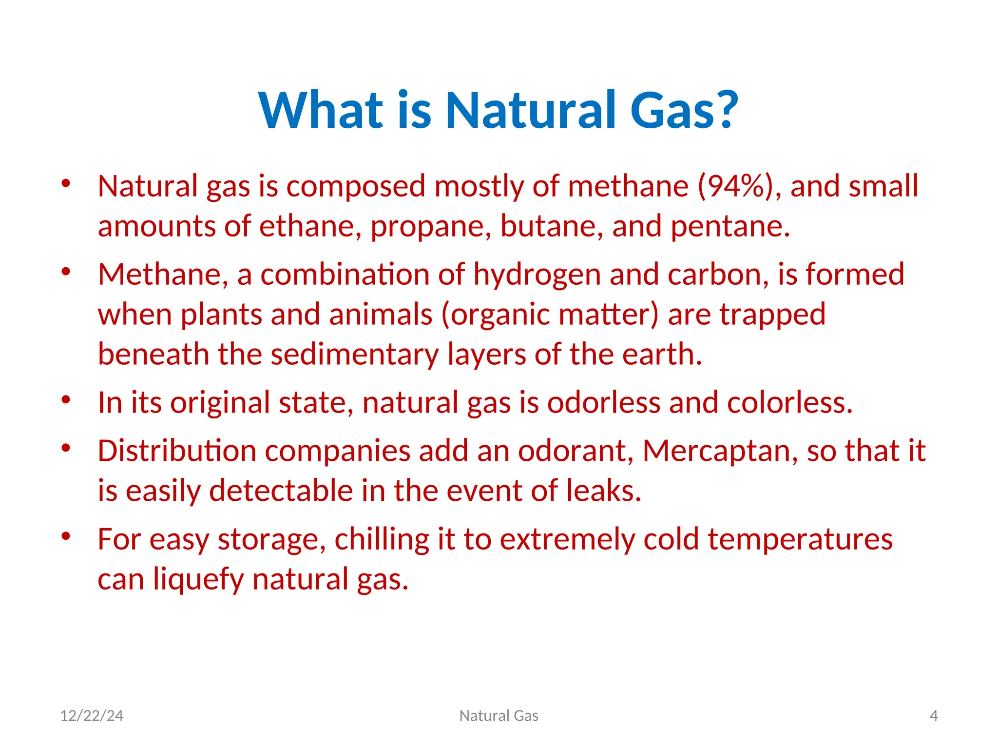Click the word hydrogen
pos(537,275)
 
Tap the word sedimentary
pos(354,354)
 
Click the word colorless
pos(789,403)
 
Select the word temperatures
pos(800,540)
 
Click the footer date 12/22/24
pos(92,716)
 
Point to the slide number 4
pos(934,716)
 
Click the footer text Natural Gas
pos(499,716)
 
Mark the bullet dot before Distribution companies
pos(66,447)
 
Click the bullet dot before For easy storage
pos(66,536)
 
